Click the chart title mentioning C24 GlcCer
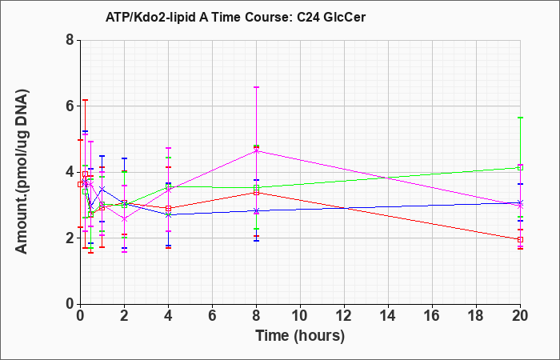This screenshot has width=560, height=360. (x=235, y=17)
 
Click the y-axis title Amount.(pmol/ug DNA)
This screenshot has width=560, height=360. (x=22, y=172)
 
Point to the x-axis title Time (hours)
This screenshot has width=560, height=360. (x=300, y=336)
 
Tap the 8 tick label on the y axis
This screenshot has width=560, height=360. (x=70, y=40)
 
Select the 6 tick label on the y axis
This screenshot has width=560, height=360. (x=70, y=106)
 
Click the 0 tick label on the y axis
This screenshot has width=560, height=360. (x=70, y=304)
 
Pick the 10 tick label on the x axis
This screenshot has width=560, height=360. (x=300, y=315)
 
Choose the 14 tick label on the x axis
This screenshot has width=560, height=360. (x=388, y=315)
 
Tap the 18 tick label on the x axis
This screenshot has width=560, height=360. (x=477, y=315)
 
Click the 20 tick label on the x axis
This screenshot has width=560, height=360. (x=520, y=315)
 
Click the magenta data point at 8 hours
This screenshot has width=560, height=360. (x=257, y=151)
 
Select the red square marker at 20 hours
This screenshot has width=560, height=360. (x=520, y=239)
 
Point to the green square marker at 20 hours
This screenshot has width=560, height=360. (x=520, y=167)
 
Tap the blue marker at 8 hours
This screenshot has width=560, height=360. (x=257, y=210)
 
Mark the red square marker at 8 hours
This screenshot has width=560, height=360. (x=257, y=193)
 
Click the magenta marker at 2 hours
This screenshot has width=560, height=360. (x=124, y=219)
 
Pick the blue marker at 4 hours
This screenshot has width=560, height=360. (x=168, y=214)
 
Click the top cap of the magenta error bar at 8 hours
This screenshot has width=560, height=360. (x=257, y=87)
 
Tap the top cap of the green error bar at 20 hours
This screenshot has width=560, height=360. (x=520, y=118)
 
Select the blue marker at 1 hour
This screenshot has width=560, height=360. (x=102, y=189)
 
